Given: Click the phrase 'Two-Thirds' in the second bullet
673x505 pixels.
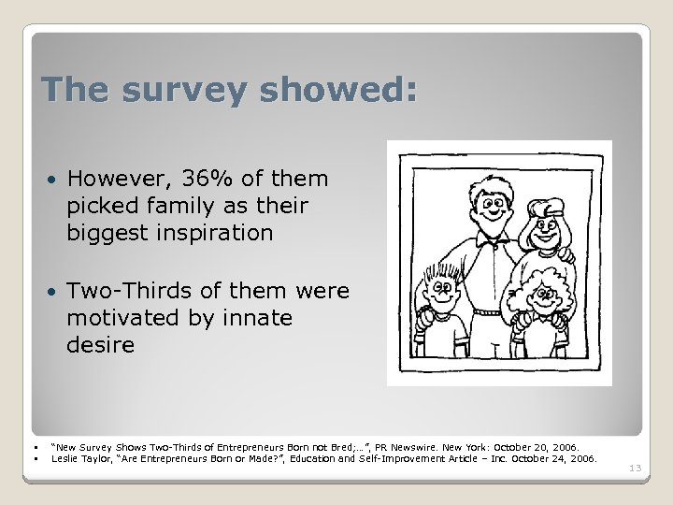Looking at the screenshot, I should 126,292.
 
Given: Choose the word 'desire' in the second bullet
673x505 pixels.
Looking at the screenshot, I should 100,346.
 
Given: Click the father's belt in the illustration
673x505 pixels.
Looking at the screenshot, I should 489,311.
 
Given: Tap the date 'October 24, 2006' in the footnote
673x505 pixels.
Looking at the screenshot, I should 557,459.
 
